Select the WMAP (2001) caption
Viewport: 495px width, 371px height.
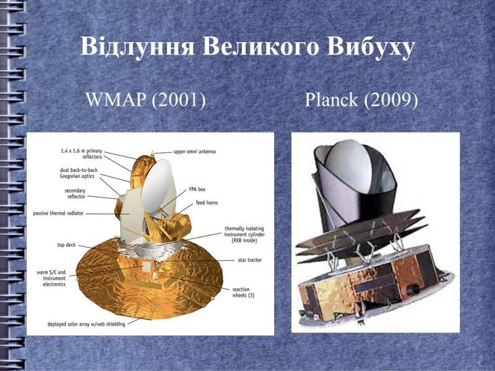click(x=145, y=100)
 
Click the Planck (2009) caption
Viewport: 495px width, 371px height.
click(x=361, y=100)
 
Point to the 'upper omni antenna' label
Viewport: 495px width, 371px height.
click(x=194, y=151)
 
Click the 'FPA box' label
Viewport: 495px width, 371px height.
click(x=197, y=189)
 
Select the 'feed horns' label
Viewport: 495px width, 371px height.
click(x=207, y=203)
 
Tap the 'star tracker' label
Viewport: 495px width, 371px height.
click(x=250, y=260)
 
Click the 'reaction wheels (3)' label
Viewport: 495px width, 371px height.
click(x=243, y=292)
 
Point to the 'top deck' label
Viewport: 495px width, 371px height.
click(x=66, y=245)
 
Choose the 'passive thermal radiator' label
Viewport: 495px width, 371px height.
click(x=58, y=213)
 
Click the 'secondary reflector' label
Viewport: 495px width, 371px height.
click(x=75, y=194)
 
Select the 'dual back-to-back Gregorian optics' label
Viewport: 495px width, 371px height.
click(x=79, y=173)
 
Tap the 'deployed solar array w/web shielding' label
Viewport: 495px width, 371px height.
click(x=86, y=324)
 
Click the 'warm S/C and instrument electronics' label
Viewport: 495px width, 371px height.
click(x=51, y=278)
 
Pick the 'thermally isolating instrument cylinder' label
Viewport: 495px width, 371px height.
click(x=244, y=234)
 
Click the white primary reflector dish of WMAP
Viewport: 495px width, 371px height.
click(x=157, y=186)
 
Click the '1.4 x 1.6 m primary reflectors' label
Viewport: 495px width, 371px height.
click(x=82, y=154)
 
